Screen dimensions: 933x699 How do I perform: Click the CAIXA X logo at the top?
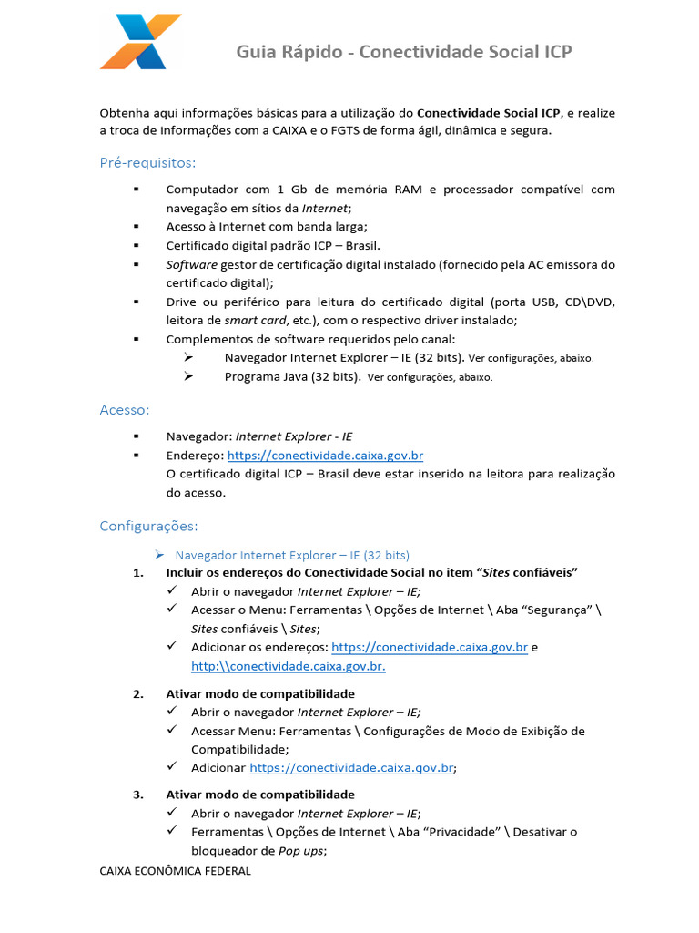pyautogui.click(x=141, y=42)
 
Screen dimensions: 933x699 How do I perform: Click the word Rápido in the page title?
pyautogui.click(x=318, y=52)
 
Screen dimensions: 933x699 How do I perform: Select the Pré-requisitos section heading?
pyautogui.click(x=147, y=162)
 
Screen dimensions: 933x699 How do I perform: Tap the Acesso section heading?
pyautogui.click(x=125, y=410)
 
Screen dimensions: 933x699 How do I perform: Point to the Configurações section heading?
pyautogui.click(x=147, y=526)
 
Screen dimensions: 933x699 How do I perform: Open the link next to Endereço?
pyautogui.click(x=325, y=456)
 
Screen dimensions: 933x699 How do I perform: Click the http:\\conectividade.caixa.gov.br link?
pyautogui.click(x=289, y=666)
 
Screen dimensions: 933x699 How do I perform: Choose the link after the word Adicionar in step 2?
pyautogui.click(x=351, y=768)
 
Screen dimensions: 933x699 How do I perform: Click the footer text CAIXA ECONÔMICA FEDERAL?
pyautogui.click(x=175, y=871)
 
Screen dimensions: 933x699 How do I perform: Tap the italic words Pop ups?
pyautogui.click(x=299, y=851)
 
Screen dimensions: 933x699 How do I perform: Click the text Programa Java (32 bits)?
pyautogui.click(x=292, y=376)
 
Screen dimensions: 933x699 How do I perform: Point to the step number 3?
pyautogui.click(x=138, y=795)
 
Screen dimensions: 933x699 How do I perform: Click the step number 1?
pyautogui.click(x=138, y=572)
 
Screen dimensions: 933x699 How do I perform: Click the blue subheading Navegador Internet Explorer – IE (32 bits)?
pyautogui.click(x=292, y=554)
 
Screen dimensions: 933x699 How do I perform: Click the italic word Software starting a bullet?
pyautogui.click(x=191, y=264)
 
